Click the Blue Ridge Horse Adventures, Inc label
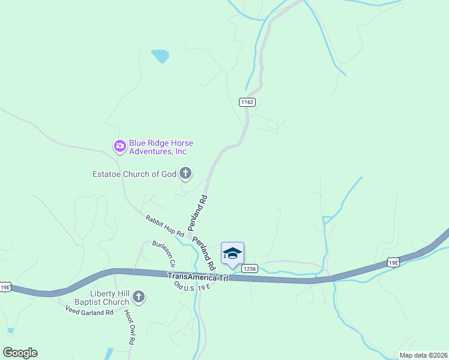tap(157, 148)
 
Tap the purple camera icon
tap(119, 145)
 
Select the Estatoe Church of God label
tap(134, 175)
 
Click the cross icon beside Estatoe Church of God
tap(185, 174)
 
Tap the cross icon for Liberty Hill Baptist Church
tap(139, 296)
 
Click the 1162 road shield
tap(247, 102)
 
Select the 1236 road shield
tap(250, 269)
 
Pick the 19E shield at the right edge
tap(393, 262)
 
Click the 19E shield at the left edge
tap(5, 287)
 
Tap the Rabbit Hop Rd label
tap(164, 226)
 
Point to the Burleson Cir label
tap(163, 254)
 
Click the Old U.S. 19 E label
tap(191, 286)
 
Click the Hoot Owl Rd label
tap(129, 327)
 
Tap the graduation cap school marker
tap(232, 253)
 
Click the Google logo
tap(20, 353)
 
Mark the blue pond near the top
tap(160, 56)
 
